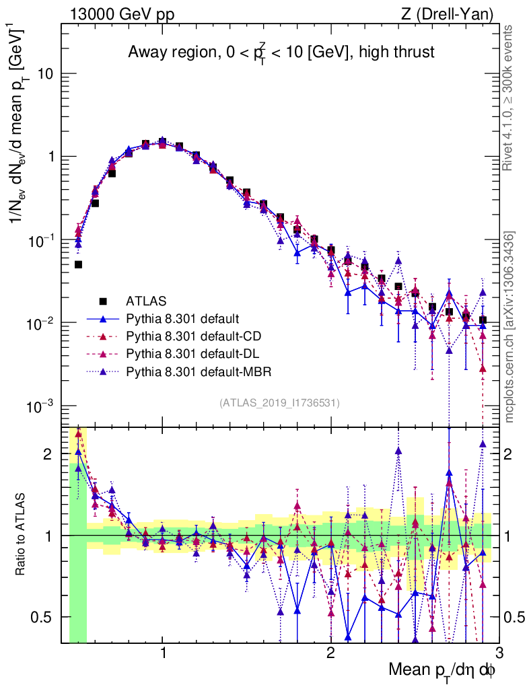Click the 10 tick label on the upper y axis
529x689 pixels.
(x=46, y=73)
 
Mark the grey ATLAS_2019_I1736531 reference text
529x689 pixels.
(x=279, y=403)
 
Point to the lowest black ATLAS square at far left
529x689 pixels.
(x=78, y=264)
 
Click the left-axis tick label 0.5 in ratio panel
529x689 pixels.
(x=43, y=616)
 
